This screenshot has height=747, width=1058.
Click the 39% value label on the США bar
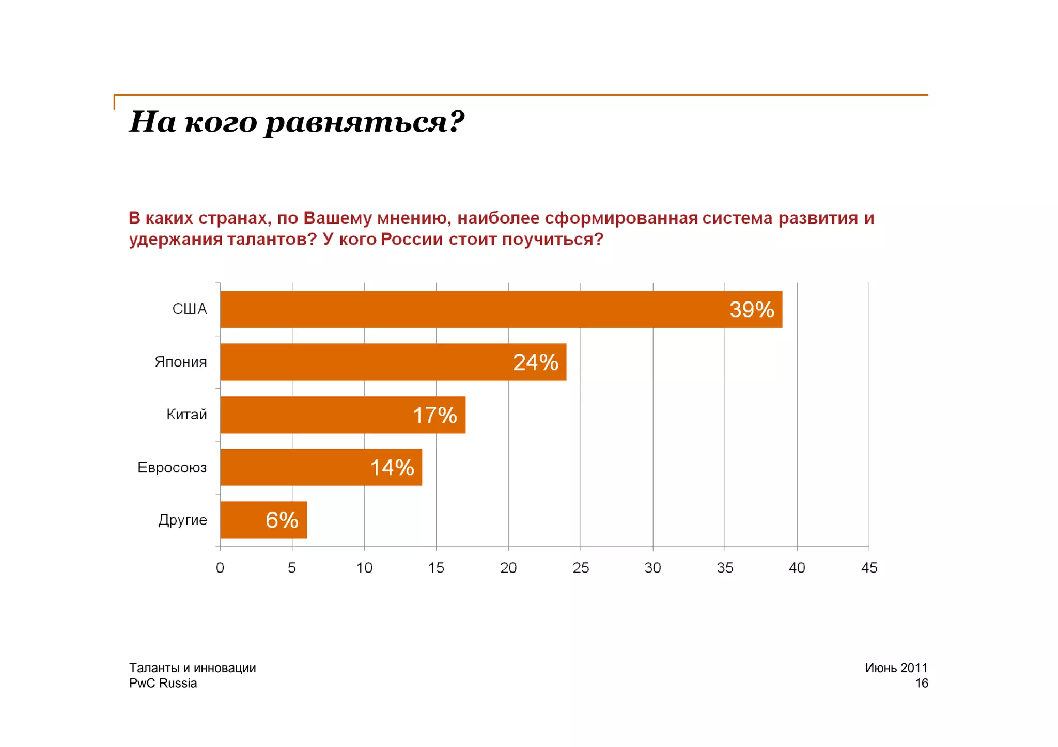point(752,310)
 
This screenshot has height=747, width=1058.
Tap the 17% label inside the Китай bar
point(435,415)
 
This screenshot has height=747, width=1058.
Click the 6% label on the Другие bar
point(282,520)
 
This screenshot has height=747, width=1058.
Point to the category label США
point(189,309)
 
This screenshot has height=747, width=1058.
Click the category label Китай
point(186,414)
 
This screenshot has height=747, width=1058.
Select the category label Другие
point(182,519)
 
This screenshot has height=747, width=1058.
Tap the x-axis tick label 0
point(220,568)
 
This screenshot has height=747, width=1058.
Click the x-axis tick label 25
point(581,568)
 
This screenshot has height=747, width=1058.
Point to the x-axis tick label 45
point(869,568)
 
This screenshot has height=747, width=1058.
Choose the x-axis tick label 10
point(364,568)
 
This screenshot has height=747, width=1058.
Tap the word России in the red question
point(412,240)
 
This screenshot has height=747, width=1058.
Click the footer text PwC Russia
point(163,684)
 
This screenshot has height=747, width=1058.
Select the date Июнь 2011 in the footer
point(896,668)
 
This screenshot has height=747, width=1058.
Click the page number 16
point(922,684)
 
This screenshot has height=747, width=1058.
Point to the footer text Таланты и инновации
point(192,668)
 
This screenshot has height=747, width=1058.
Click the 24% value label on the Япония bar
point(536,362)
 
